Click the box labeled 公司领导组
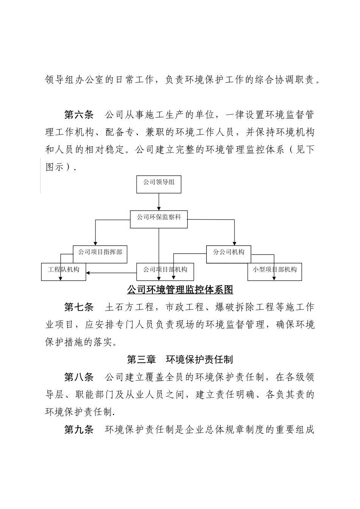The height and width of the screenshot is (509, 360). pos(158,184)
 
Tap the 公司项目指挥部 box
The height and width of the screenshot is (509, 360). pos(100,254)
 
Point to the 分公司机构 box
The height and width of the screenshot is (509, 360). pos(229,254)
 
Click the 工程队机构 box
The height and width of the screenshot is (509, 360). pos(63,272)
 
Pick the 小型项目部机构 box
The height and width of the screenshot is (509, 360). pos(275,272)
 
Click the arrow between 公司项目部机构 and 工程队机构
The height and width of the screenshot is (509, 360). pos(111,272)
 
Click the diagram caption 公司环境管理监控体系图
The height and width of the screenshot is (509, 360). pos(180,290)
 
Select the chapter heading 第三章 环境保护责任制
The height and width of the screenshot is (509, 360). pos(180,359)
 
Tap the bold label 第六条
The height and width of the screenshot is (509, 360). pos(79,114)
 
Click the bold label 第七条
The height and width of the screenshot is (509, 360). pos(79,307)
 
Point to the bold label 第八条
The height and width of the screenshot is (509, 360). pos(79,377)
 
